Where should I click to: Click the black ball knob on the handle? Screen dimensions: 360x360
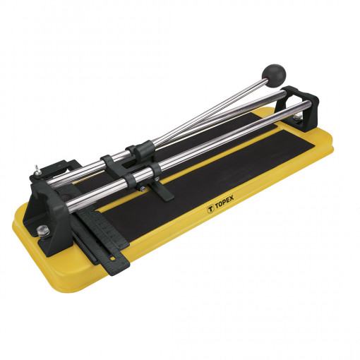pyautogui.click(x=275, y=72)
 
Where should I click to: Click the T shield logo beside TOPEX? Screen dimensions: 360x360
pyautogui.click(x=210, y=210)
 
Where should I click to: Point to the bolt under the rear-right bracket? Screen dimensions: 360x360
pyautogui.click(x=297, y=117)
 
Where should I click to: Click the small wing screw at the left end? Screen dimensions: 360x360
pyautogui.click(x=37, y=171)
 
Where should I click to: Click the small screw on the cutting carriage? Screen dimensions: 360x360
pyautogui.click(x=141, y=188)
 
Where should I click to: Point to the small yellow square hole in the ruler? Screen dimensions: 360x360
pyautogui.click(x=113, y=258)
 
